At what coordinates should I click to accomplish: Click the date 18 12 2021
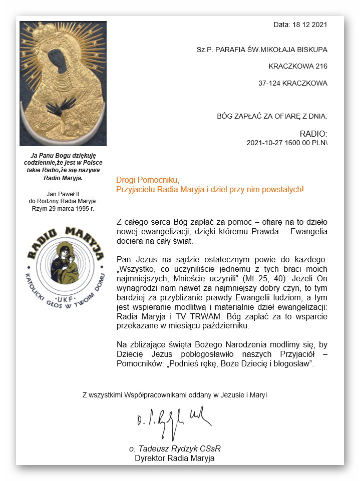coord(306,24)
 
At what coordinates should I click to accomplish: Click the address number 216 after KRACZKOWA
coord(321,66)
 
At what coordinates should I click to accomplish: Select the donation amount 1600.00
coord(297,143)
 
